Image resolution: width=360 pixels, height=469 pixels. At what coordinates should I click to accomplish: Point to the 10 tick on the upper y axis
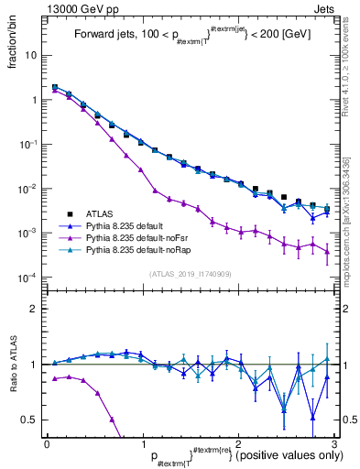[x=30, y=55]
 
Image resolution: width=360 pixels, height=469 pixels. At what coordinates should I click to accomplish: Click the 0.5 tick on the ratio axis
[x=29, y=420]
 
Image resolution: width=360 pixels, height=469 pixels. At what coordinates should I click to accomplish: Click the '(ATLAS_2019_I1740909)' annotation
[x=189, y=273]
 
